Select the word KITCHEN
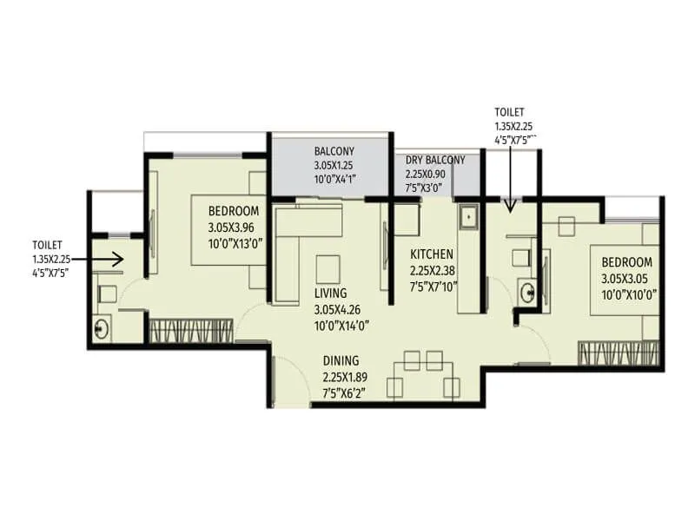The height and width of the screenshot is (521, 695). click(x=432, y=254)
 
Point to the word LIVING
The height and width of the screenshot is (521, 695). click(x=331, y=293)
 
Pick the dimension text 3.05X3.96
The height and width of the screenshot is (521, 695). click(x=234, y=228)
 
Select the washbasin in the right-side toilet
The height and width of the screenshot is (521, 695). click(x=527, y=291)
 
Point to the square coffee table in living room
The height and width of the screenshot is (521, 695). click(x=328, y=266)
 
